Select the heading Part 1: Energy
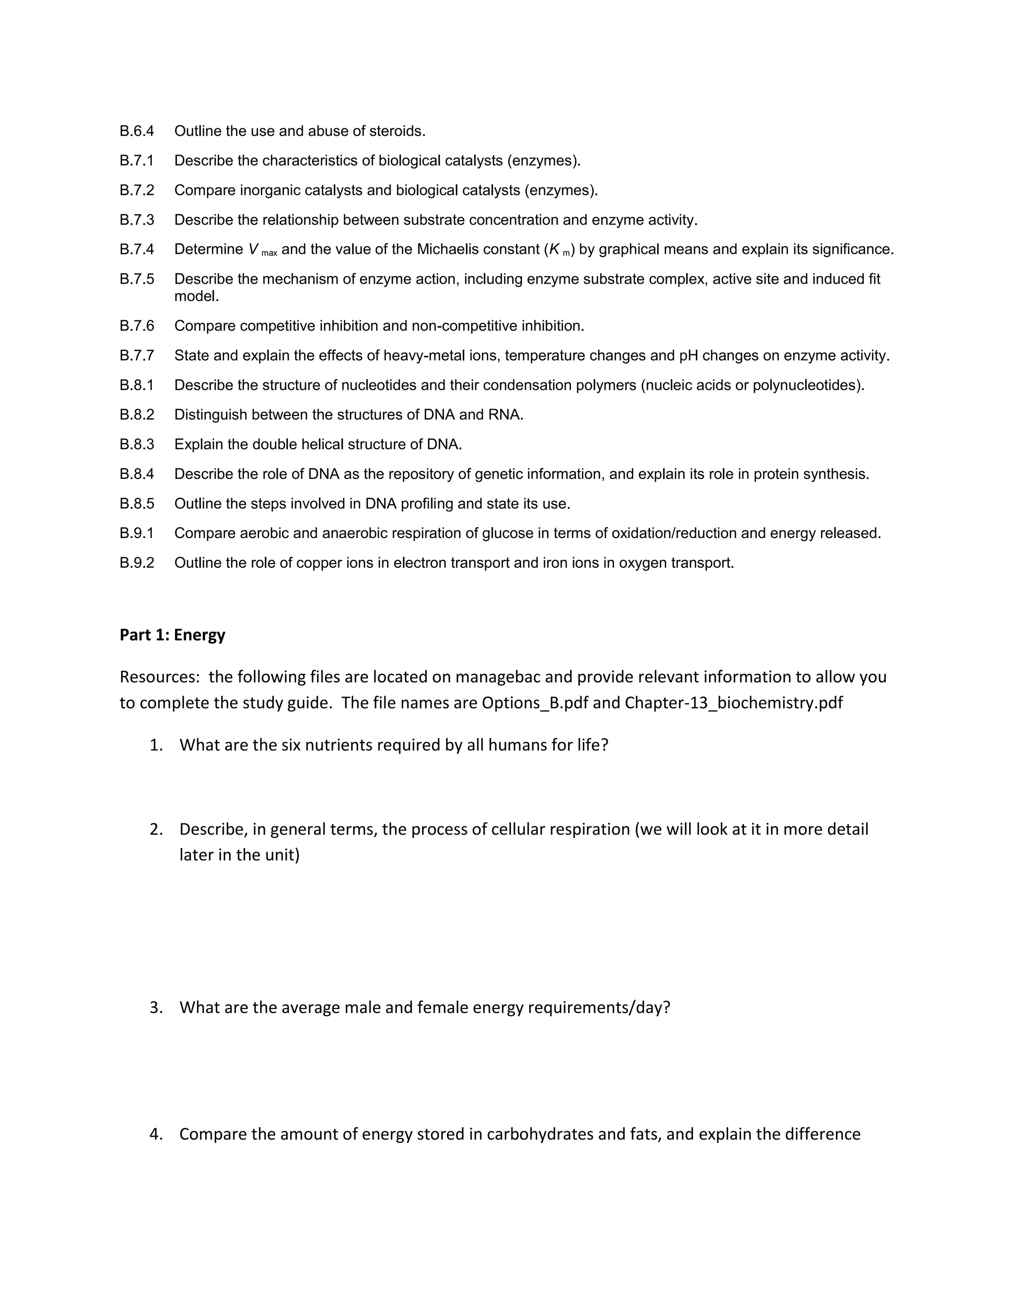point(172,635)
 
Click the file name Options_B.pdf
point(535,703)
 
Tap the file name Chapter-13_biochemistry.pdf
point(734,703)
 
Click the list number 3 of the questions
point(156,1007)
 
